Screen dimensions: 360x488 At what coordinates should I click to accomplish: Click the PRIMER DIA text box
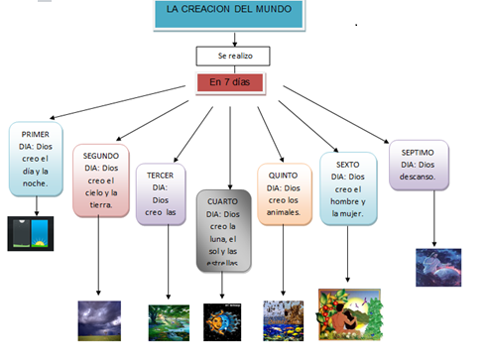pyautogui.click(x=37, y=154)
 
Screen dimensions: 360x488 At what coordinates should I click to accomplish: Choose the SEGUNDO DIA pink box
pyautogui.click(x=100, y=180)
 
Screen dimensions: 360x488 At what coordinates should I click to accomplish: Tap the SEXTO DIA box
pyautogui.click(x=347, y=187)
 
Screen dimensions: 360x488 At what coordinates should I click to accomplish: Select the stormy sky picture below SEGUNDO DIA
pyautogui.click(x=99, y=320)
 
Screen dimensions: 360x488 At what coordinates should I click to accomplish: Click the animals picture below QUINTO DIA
pyautogui.click(x=283, y=320)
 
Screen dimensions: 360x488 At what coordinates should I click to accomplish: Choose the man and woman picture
pyautogui.click(x=349, y=314)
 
